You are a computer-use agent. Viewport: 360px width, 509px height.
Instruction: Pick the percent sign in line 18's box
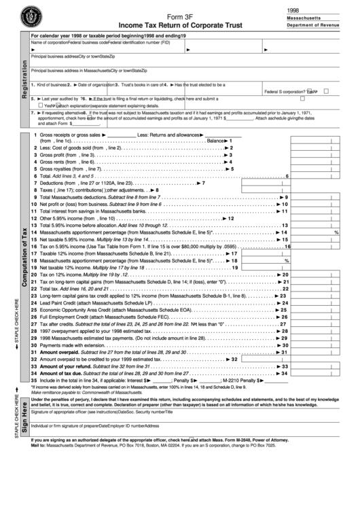286,260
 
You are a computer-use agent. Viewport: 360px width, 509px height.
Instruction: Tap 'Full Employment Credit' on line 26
67,317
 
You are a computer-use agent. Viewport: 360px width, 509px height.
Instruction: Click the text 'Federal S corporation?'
285,91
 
